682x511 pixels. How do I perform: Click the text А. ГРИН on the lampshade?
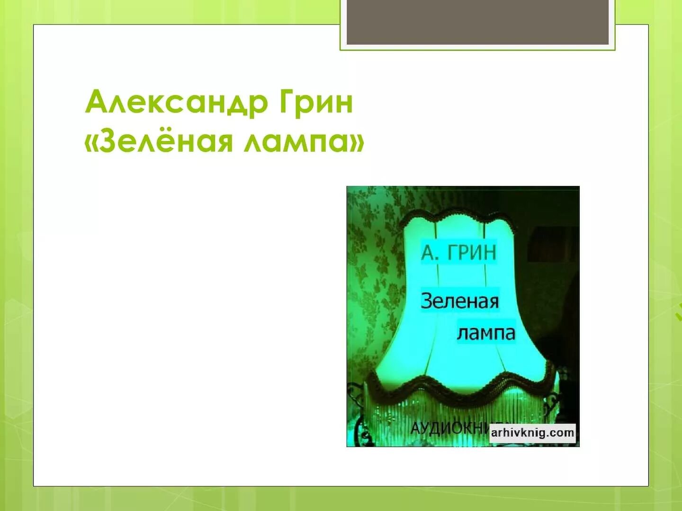pyautogui.click(x=458, y=252)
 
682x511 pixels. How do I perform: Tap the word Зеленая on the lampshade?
pyautogui.click(x=459, y=301)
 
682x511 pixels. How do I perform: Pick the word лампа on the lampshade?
pyautogui.click(x=486, y=332)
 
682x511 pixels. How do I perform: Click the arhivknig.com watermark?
pyautogui.click(x=532, y=432)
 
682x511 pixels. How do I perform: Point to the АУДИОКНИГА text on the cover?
pyautogui.click(x=450, y=429)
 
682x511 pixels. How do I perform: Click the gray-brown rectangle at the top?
pyautogui.click(x=477, y=22)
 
